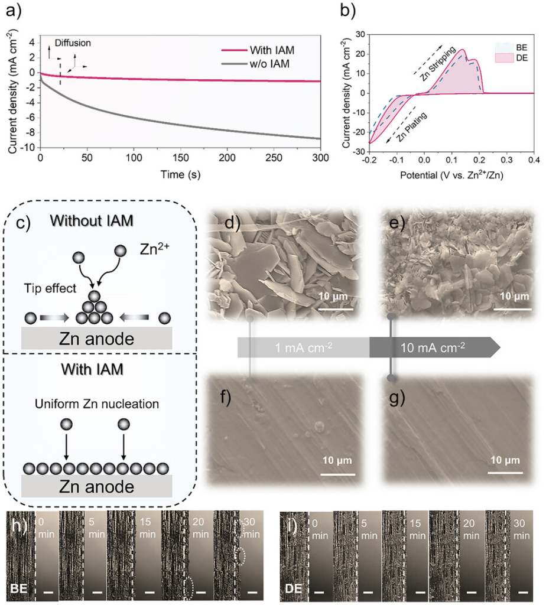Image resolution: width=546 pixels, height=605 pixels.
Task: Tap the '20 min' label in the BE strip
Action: [x=198, y=528]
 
